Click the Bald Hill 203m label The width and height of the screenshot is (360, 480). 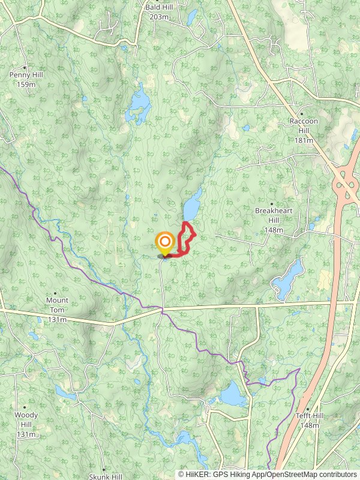(158, 12)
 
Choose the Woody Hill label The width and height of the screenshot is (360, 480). (26, 424)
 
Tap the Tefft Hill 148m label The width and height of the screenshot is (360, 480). (310, 421)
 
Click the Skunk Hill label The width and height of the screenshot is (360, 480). (105, 476)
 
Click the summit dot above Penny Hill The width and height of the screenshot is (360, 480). (25, 67)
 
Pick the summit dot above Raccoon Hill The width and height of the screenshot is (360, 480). (302, 113)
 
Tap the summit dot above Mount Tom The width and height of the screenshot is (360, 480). (56, 293)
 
